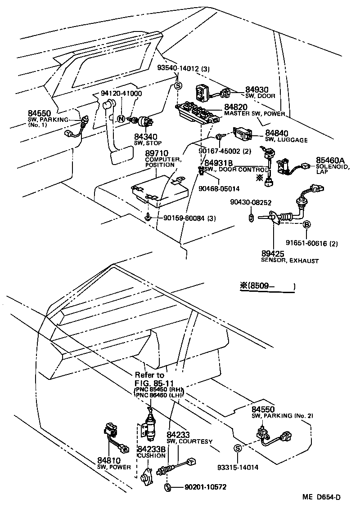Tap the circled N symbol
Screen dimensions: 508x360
point(121,119)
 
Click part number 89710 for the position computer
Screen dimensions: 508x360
point(156,154)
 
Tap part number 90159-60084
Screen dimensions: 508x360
point(179,218)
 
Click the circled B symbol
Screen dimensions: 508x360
point(306,224)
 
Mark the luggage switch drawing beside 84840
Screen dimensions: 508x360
point(245,133)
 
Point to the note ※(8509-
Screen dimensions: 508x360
point(267,286)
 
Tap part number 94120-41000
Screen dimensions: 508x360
point(121,94)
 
